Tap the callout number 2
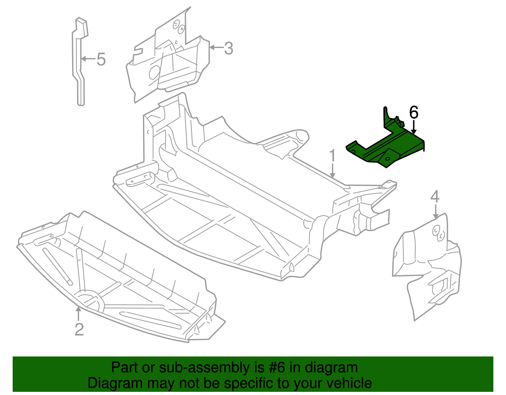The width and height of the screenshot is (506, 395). click(79, 330)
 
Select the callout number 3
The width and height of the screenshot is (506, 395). click(228, 48)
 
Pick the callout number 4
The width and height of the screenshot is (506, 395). click(435, 196)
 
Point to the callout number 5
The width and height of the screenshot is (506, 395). click(101, 59)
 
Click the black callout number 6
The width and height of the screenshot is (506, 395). click(414, 113)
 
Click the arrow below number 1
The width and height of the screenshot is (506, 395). click(332, 170)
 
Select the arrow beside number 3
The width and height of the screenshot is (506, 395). click(217, 48)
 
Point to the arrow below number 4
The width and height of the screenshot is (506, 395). click(436, 211)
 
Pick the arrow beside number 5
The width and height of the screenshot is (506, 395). click(89, 59)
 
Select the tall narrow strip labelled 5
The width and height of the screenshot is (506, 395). click(79, 62)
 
